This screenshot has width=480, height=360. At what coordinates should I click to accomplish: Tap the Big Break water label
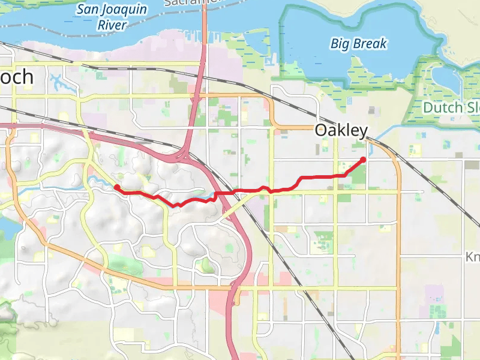tap(359, 44)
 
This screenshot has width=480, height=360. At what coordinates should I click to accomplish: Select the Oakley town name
tap(341, 131)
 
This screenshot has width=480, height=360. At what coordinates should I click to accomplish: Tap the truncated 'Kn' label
tap(472, 257)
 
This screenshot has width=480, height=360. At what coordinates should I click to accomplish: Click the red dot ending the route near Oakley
tap(363, 160)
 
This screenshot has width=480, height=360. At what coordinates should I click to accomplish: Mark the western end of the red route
tap(115, 187)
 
